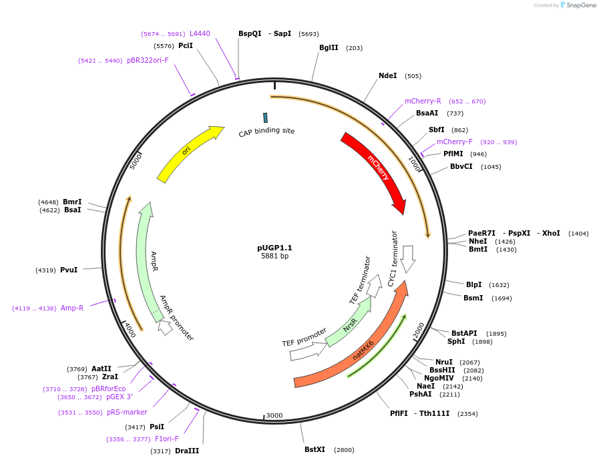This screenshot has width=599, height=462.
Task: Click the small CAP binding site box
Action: pyautogui.click(x=265, y=118)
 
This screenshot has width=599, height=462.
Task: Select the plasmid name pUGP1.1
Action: pyautogui.click(x=274, y=248)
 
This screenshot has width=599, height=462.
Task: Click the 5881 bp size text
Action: pyautogui.click(x=274, y=256)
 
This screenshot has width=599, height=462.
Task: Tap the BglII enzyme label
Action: pyautogui.click(x=329, y=47)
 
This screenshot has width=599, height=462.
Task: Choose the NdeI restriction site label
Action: pyautogui.click(x=387, y=75)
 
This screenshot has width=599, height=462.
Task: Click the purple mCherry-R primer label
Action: pyautogui.click(x=423, y=101)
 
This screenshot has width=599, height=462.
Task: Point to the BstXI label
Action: pyautogui.click(x=315, y=449)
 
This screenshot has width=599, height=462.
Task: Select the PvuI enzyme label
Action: pyautogui.click(x=69, y=270)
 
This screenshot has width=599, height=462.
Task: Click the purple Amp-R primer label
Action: pyautogui.click(x=72, y=308)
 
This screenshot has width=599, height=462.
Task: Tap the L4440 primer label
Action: pyautogui.click(x=200, y=33)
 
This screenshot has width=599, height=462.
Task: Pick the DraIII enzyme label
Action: pyautogui.click(x=187, y=451)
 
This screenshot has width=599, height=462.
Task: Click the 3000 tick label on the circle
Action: pyautogui.click(x=274, y=415)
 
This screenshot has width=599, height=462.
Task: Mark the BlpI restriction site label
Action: pyautogui.click(x=473, y=284)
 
